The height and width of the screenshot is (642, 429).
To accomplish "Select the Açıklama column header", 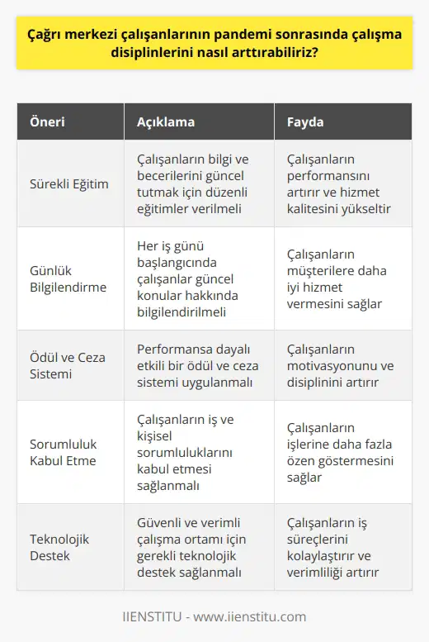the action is click(165, 122).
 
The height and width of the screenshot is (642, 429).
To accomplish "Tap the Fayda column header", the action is click(305, 122).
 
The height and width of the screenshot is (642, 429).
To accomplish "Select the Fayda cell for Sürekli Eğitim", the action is click(338, 182).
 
